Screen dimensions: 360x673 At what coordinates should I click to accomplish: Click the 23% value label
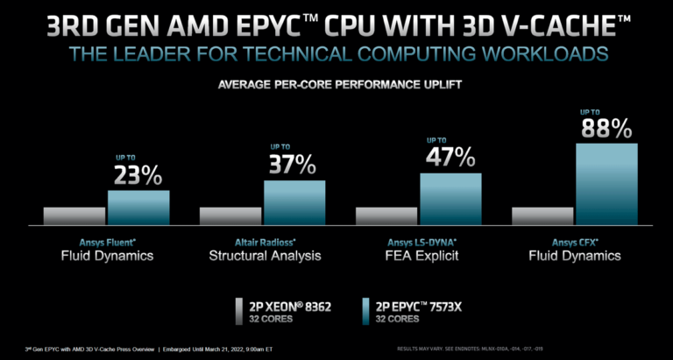(138, 175)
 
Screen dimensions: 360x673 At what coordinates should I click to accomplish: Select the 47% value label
(450, 157)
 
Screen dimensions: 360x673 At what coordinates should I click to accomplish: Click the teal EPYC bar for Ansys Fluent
(138, 208)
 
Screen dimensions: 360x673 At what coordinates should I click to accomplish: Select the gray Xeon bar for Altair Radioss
(230, 216)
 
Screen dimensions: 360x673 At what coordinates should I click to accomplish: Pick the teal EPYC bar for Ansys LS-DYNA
(450, 200)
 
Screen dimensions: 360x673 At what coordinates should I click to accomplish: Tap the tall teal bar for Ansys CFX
(606, 185)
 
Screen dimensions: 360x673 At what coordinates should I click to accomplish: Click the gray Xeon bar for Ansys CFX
(542, 216)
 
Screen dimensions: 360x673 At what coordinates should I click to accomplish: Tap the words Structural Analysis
(264, 256)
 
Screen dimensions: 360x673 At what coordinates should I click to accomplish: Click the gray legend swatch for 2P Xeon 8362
(239, 310)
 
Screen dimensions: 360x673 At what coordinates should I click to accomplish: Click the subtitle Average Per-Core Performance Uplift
(336, 86)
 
